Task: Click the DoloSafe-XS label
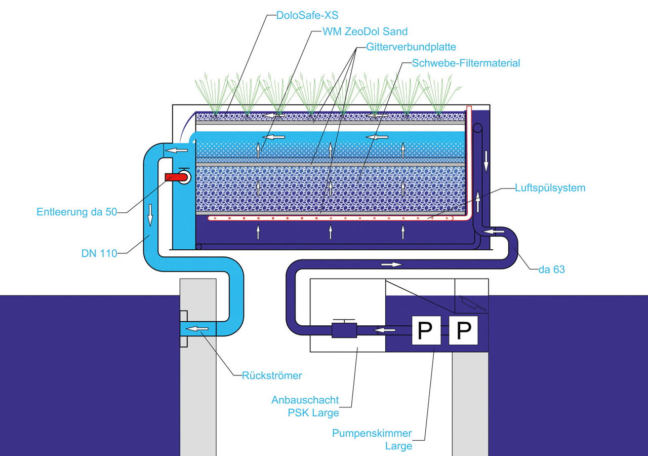click(x=307, y=15)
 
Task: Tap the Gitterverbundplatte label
click(x=407, y=47)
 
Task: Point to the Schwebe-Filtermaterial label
click(x=466, y=63)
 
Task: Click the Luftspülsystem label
click(x=549, y=188)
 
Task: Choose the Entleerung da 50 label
click(x=76, y=212)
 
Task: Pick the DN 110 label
click(x=99, y=253)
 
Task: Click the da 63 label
click(x=551, y=270)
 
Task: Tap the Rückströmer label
click(x=272, y=375)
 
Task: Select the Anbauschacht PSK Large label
click(x=305, y=406)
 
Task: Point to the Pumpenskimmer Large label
click(x=372, y=440)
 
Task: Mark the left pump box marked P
click(x=426, y=331)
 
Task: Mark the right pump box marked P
click(x=464, y=331)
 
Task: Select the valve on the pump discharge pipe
click(x=344, y=330)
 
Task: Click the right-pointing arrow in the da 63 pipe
click(x=391, y=264)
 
